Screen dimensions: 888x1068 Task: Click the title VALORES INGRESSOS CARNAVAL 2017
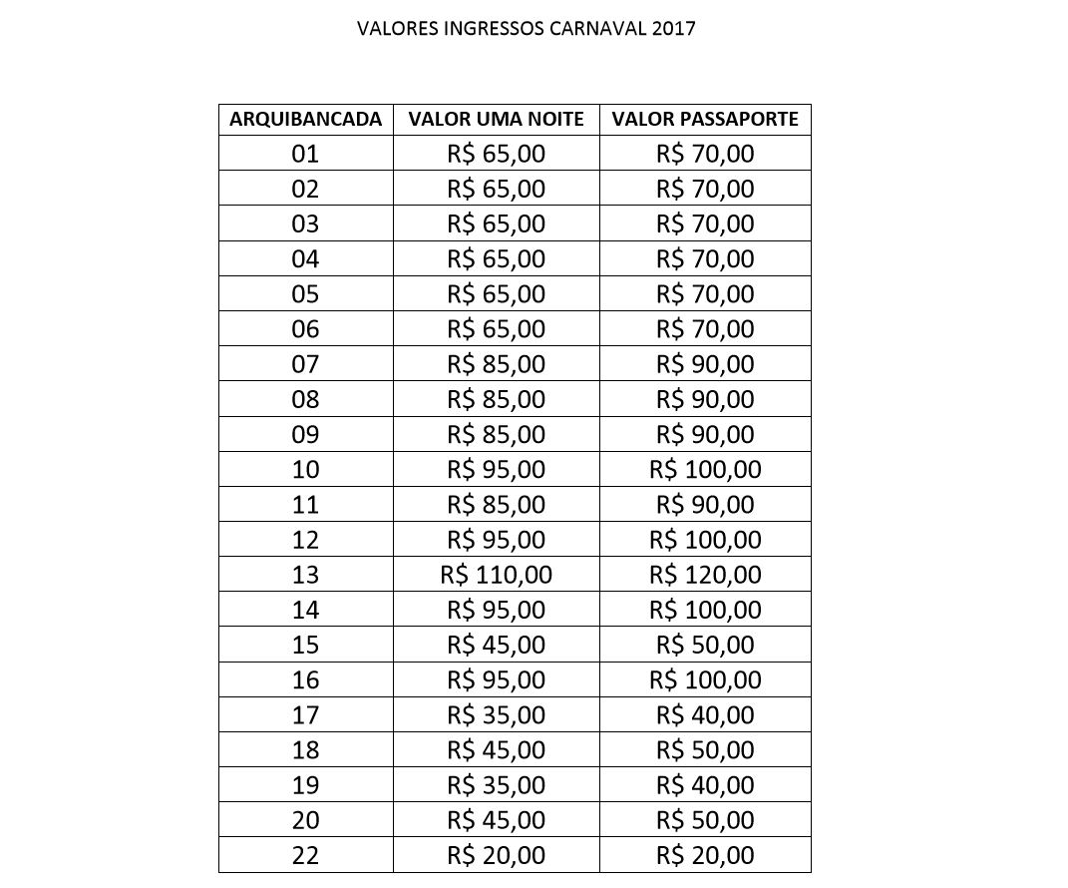pyautogui.click(x=526, y=29)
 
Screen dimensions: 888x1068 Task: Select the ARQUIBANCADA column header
pyautogui.click(x=305, y=120)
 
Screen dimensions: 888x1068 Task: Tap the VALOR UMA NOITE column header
pyautogui.click(x=497, y=120)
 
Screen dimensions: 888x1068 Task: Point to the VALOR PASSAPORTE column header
pyautogui.click(x=705, y=120)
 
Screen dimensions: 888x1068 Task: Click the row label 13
pyautogui.click(x=305, y=575)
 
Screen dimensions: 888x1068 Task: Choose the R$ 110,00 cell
pyautogui.click(x=497, y=575)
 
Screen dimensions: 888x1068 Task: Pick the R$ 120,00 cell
pyautogui.click(x=705, y=575)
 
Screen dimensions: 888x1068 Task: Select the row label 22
pyautogui.click(x=305, y=855)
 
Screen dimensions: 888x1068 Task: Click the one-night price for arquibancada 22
pyautogui.click(x=497, y=855)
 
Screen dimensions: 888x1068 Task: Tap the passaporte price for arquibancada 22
pyautogui.click(x=705, y=855)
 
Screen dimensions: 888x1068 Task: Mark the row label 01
pyautogui.click(x=305, y=154)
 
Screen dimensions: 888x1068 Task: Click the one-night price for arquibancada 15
pyautogui.click(x=497, y=645)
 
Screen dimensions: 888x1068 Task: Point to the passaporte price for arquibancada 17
pyautogui.click(x=705, y=714)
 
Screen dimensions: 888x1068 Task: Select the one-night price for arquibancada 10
pyautogui.click(x=497, y=469)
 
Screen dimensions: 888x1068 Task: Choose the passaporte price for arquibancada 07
pyautogui.click(x=705, y=364)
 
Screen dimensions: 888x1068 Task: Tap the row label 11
pyautogui.click(x=305, y=505)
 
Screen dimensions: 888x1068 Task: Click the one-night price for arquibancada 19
pyautogui.click(x=497, y=785)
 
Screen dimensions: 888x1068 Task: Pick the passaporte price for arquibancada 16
pyautogui.click(x=705, y=679)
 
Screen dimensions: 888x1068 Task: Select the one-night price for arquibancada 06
pyautogui.click(x=497, y=329)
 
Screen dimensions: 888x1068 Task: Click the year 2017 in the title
pyautogui.click(x=673, y=29)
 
